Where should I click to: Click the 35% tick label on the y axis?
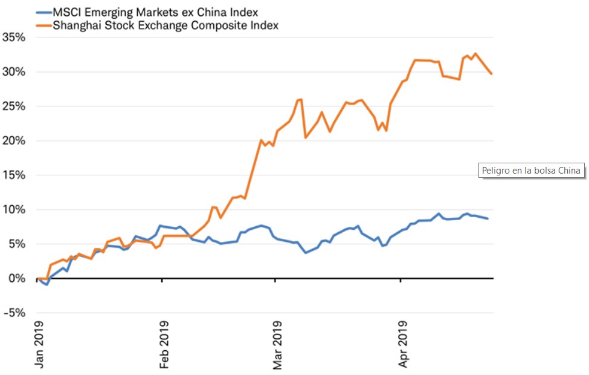click(13, 37)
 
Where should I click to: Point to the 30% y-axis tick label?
click(13, 71)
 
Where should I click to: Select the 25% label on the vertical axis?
click(13, 106)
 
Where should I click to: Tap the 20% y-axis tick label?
click(13, 140)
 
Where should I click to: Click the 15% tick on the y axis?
click(13, 175)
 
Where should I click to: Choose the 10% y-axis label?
click(13, 209)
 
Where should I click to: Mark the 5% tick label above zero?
click(16, 244)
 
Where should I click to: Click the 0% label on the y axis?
click(16, 278)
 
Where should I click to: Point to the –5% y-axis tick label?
click(13, 313)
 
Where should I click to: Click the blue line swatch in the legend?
click(43, 11)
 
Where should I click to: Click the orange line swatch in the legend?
click(43, 25)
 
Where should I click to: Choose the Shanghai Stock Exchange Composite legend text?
click(166, 25)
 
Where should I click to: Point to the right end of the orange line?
click(492, 74)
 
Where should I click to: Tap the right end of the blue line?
click(488, 218)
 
